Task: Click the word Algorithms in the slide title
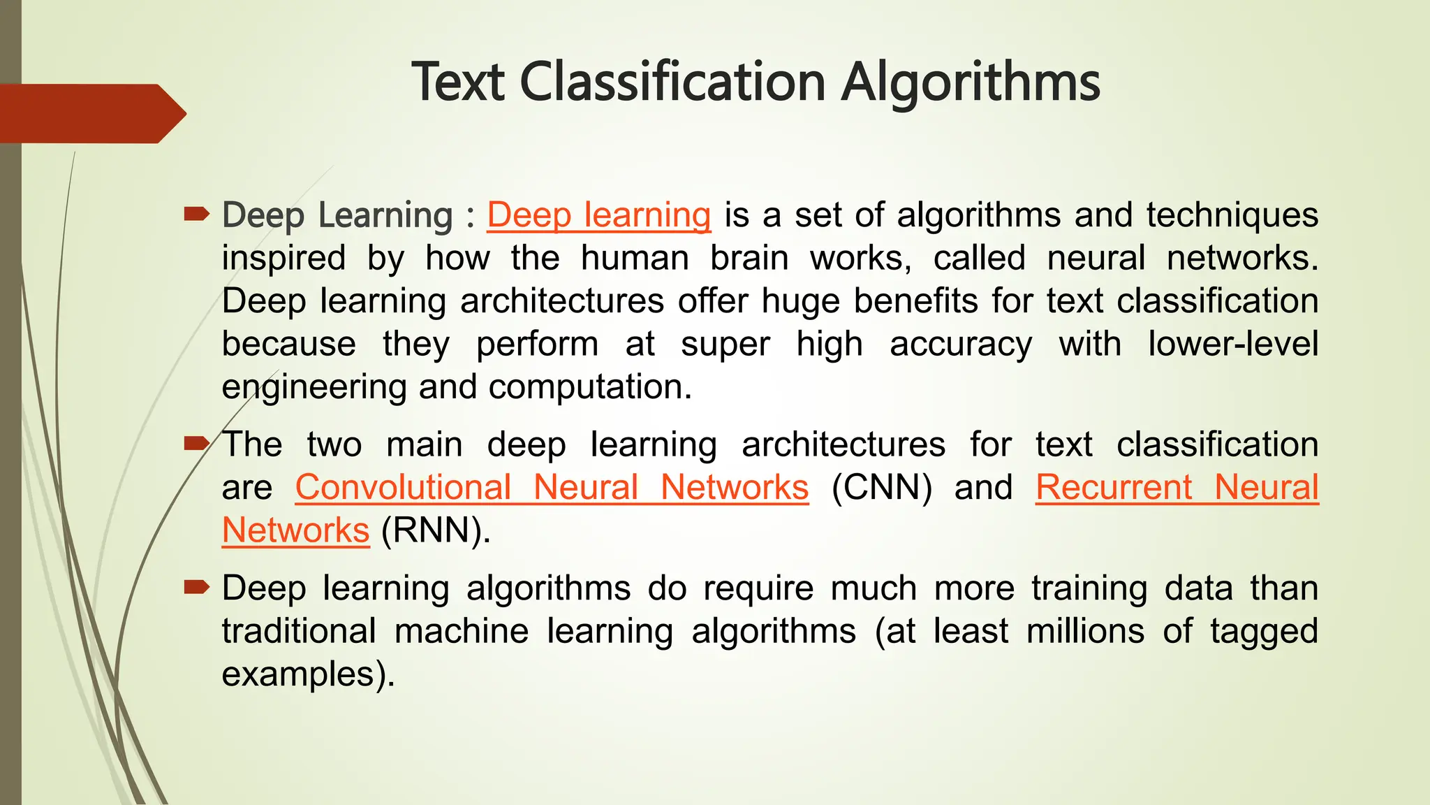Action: click(970, 82)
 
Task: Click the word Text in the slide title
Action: click(457, 82)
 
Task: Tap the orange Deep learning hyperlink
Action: click(598, 215)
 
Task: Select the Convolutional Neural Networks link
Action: click(552, 487)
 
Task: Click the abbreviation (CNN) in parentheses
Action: click(882, 487)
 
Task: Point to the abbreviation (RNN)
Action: click(436, 530)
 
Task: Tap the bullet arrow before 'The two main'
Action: click(196, 443)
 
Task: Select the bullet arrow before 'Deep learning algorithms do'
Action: click(196, 587)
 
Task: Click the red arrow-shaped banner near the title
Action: click(91, 113)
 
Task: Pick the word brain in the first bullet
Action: click(749, 258)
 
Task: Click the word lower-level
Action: click(1233, 344)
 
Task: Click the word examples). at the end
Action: click(308, 674)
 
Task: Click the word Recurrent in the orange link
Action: click(1114, 487)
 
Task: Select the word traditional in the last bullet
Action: click(299, 631)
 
